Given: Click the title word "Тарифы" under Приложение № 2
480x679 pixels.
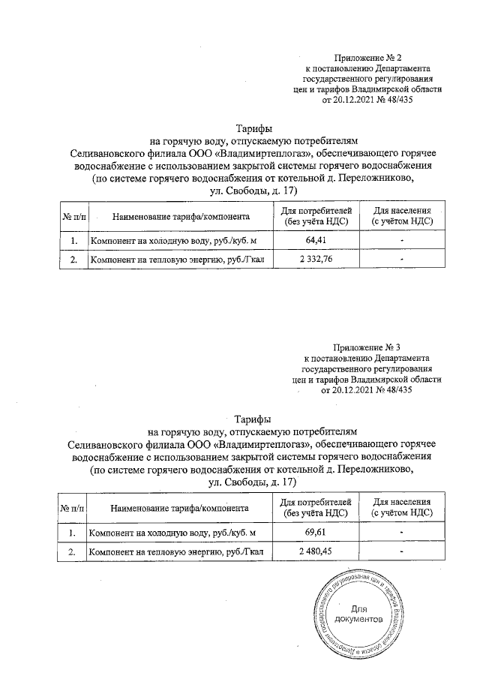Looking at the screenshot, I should (x=253, y=130).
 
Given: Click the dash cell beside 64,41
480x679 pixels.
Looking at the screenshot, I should (x=402, y=241).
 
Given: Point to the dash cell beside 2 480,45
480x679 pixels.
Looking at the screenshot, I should (x=402, y=551).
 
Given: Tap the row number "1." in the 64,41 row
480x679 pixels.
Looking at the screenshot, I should (x=73, y=241).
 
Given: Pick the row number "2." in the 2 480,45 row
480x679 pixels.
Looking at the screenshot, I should (x=73, y=551).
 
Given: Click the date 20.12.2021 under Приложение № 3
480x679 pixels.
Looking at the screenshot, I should (x=344, y=390).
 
